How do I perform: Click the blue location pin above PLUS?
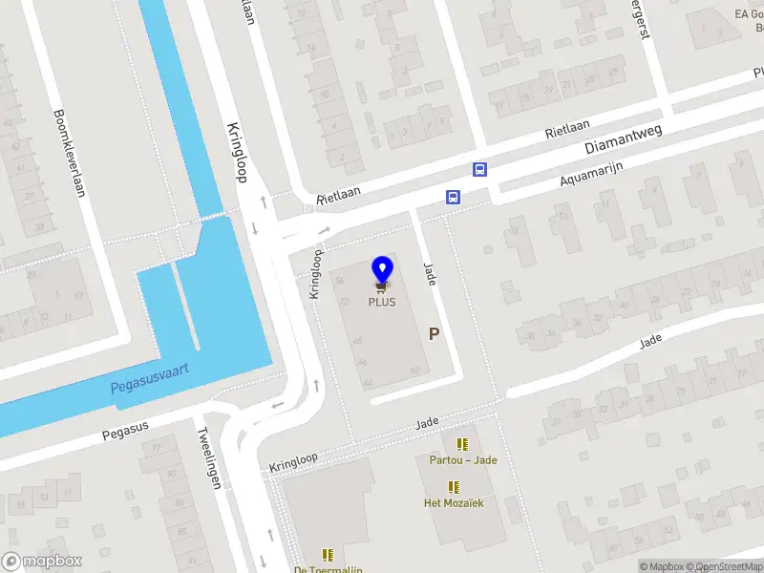[382, 269]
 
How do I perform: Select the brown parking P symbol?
[435, 334]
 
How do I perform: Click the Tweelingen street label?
[211, 456]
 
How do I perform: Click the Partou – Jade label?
[462, 459]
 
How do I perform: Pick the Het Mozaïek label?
[454, 502]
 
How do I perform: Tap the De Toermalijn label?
[328, 569]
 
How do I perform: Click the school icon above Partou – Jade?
[462, 444]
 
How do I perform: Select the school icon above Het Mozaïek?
[454, 487]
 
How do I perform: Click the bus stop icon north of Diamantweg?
[480, 170]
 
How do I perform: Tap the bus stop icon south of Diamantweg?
[453, 197]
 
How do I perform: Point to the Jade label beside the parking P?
[430, 276]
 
